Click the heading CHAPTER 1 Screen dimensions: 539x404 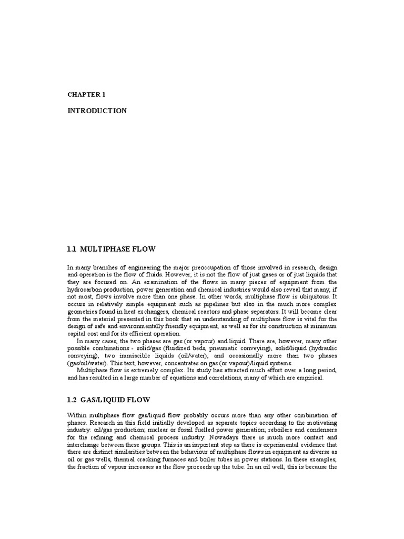tap(87, 95)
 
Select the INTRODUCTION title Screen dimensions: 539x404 tap(97, 111)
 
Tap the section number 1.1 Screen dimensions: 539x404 tap(73, 248)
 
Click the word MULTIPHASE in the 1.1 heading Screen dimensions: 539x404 tap(109, 248)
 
